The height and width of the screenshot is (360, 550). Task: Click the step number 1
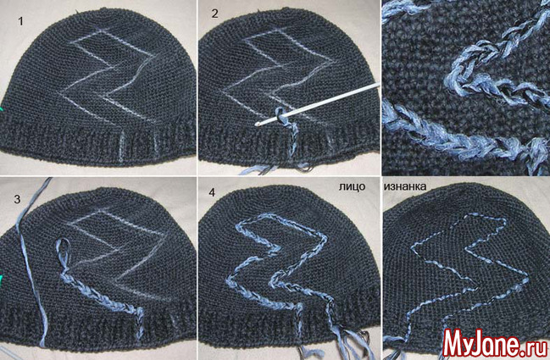pyautogui.click(x=20, y=21)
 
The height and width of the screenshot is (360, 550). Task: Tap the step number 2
pyautogui.click(x=215, y=14)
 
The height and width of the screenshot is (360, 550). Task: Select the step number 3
pyautogui.click(x=17, y=199)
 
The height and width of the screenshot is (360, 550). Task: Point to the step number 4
pyautogui.click(x=212, y=192)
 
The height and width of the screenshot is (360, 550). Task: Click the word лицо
pyautogui.click(x=352, y=186)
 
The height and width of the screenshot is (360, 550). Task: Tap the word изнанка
pyautogui.click(x=405, y=186)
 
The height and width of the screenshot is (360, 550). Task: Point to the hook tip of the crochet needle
pyautogui.click(x=258, y=124)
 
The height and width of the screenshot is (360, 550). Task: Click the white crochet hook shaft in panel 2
pyautogui.click(x=318, y=103)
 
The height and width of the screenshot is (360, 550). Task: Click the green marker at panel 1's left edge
pyautogui.click(x=1, y=109)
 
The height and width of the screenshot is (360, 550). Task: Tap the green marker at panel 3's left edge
pyautogui.click(x=1, y=280)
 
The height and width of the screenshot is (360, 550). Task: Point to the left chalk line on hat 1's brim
pyautogui.click(x=121, y=147)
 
